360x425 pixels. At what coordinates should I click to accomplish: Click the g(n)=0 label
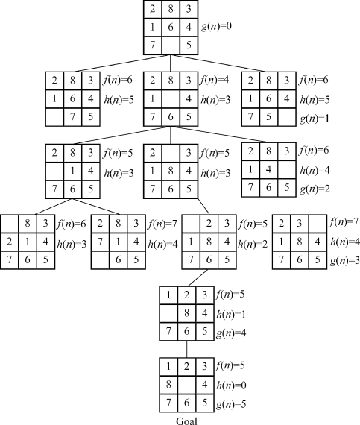(216, 27)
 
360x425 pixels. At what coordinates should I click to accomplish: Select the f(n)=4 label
(214, 80)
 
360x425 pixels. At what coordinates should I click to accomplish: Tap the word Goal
(186, 421)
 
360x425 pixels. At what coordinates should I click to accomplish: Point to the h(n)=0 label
(231, 385)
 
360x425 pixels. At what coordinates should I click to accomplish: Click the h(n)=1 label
(231, 314)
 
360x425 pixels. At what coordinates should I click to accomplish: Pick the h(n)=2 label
(253, 245)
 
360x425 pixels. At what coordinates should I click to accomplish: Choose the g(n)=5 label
(231, 404)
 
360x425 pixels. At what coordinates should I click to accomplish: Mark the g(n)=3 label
(345, 260)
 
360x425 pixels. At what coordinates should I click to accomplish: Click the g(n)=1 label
(315, 119)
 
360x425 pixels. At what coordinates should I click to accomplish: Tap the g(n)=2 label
(315, 189)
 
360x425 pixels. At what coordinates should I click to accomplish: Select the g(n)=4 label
(231, 333)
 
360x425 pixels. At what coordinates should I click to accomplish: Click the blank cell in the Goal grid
(186, 385)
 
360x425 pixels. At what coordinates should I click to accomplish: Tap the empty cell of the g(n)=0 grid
(171, 45)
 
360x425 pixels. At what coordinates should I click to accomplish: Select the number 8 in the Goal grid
(168, 385)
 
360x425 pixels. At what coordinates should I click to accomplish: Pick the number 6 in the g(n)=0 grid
(171, 27)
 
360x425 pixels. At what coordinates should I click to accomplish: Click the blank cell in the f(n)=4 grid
(171, 98)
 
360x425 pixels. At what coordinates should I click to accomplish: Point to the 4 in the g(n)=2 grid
(268, 169)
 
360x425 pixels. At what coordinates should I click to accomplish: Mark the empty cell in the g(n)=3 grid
(318, 224)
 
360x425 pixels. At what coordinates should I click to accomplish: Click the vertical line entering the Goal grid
(186, 349)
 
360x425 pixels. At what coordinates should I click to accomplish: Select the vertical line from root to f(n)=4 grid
(171, 63)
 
